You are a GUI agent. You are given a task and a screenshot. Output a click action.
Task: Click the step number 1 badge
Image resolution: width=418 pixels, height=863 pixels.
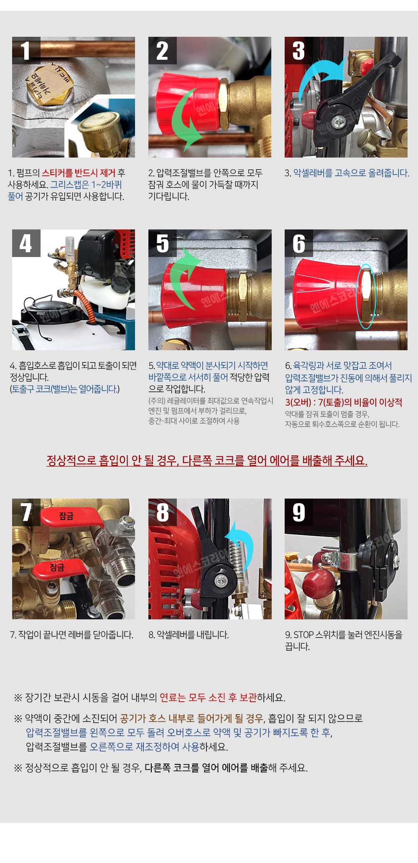(x=26, y=51)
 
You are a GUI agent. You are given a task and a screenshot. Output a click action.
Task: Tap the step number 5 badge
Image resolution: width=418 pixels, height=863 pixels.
(x=163, y=243)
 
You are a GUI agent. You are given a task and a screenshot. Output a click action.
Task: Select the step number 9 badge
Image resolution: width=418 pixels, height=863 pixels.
(x=299, y=512)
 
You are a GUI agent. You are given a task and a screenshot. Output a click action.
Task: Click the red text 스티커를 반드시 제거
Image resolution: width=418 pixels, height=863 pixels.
(x=79, y=173)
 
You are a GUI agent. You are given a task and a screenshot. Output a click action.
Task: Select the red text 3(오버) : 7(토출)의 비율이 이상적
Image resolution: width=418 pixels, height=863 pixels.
(x=344, y=402)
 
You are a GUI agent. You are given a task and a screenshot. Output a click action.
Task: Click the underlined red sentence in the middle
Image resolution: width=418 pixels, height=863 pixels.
(x=207, y=461)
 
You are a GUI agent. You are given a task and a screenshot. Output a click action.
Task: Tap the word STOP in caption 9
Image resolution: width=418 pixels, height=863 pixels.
(x=303, y=635)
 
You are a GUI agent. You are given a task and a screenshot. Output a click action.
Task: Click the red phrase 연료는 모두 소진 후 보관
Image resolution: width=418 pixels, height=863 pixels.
(x=208, y=698)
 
